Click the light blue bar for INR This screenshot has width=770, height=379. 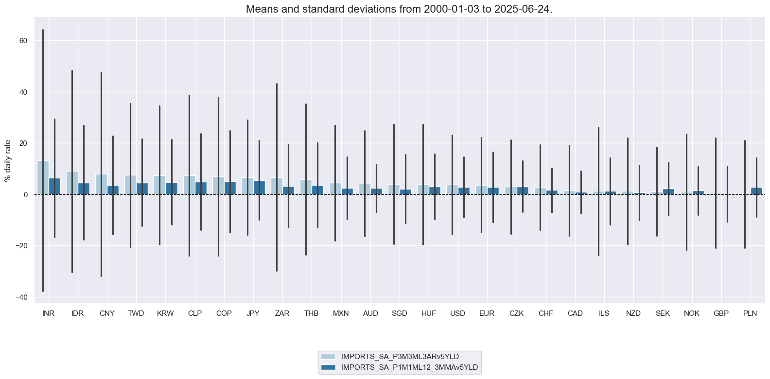click(x=43, y=178)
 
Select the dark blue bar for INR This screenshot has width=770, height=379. click(x=54, y=187)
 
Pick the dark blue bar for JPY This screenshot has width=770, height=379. click(x=259, y=188)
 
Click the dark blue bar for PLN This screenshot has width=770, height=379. click(x=756, y=191)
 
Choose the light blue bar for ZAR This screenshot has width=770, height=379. click(x=277, y=186)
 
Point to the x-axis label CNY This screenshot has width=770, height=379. click(x=107, y=313)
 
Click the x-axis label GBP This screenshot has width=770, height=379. click(x=721, y=313)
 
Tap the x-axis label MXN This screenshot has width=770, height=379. click(x=341, y=313)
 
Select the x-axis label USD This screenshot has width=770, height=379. click(x=457, y=313)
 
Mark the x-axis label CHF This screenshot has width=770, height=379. click(x=545, y=313)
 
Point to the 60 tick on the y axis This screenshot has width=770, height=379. click(x=23, y=41)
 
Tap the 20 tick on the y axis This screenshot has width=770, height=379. click(x=23, y=143)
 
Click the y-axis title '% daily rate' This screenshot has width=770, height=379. click(x=8, y=160)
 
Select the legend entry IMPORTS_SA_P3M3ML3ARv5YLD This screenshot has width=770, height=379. click(x=400, y=357)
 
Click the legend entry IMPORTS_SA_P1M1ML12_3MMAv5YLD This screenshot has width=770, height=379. click(x=410, y=367)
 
